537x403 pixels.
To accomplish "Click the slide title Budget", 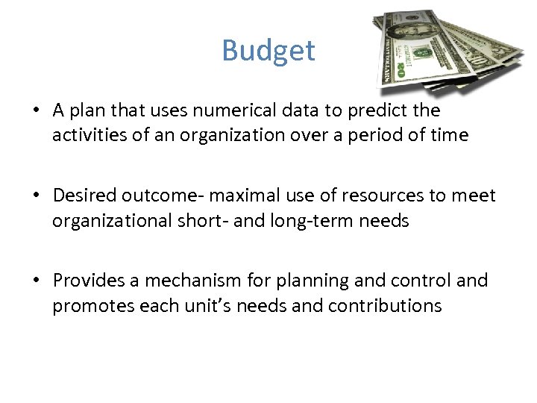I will (268, 51).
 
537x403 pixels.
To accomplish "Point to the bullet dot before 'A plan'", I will (36, 111).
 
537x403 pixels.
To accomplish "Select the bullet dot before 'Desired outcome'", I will (36, 196).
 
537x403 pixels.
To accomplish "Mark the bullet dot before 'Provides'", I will (36, 281).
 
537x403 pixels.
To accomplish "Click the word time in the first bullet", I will (448, 136).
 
